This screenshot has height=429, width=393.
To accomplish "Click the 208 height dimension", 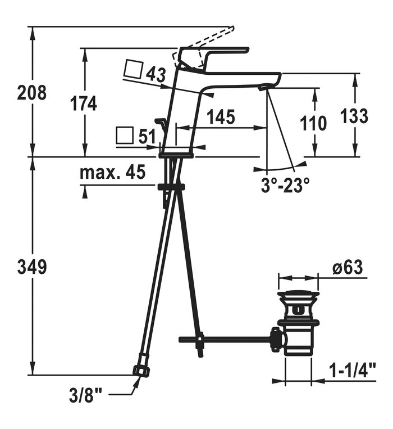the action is [x=31, y=92].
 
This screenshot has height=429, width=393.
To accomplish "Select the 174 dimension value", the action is [x=84, y=104].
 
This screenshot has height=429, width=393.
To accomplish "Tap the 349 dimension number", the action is [x=32, y=267].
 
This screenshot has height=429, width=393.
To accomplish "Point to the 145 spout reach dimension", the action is [x=221, y=117].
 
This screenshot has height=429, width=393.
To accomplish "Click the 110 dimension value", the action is [x=313, y=123].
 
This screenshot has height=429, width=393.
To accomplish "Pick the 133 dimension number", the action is [x=354, y=115].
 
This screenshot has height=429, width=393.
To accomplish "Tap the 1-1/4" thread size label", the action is [x=353, y=370].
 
